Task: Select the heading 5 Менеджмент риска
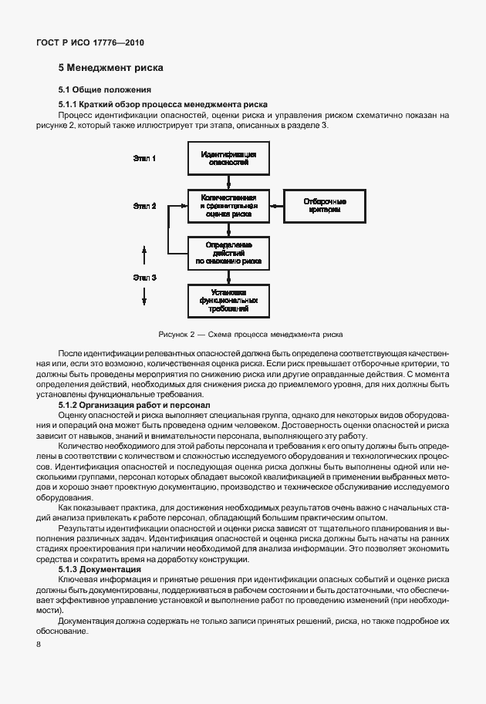[x=110, y=68]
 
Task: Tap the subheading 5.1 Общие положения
[x=106, y=90]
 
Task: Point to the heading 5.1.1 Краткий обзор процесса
[x=164, y=103]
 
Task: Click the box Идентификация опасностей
[x=228, y=160]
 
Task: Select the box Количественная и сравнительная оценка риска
[x=228, y=206]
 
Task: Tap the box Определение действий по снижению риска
[x=228, y=252]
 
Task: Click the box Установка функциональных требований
[x=228, y=300]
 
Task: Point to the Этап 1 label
[x=144, y=159]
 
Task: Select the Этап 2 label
[x=144, y=206]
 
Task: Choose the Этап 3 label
[x=144, y=277]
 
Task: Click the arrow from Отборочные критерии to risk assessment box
[x=275, y=206]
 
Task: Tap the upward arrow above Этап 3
[x=144, y=254]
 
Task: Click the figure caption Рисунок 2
[x=250, y=335]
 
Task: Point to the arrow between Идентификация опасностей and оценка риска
[x=228, y=182]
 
